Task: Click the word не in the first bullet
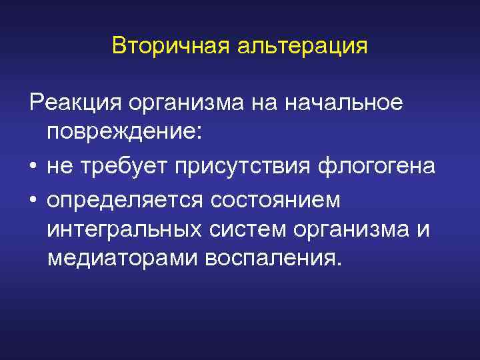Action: tap(59, 166)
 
